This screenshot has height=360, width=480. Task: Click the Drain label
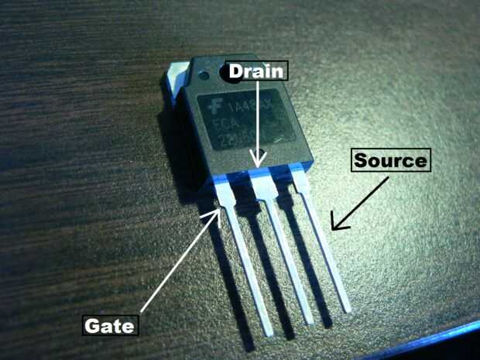tap(256, 70)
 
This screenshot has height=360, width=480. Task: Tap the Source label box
tap(390, 160)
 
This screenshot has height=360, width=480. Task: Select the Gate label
tap(111, 324)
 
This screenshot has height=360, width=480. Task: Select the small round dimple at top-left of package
tap(204, 76)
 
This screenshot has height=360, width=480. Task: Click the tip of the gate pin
tap(269, 333)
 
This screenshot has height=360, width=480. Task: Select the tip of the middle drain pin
tap(309, 319)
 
